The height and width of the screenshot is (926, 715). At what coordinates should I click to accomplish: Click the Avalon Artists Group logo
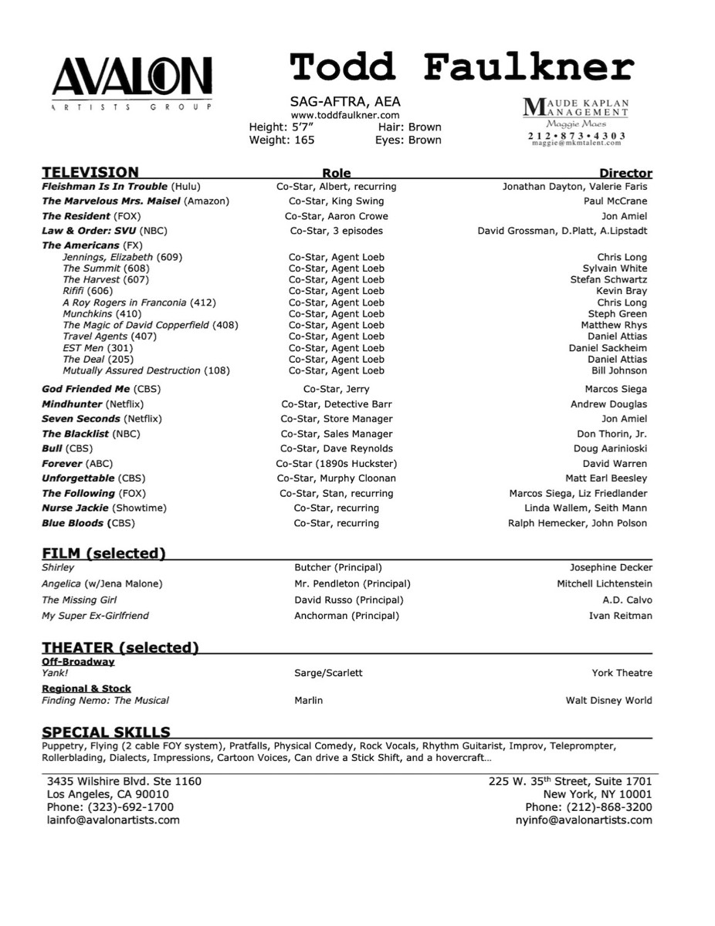tap(131, 82)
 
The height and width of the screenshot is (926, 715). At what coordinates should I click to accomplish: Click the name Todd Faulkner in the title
tap(461, 67)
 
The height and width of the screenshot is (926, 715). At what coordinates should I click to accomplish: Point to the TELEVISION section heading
tap(90, 172)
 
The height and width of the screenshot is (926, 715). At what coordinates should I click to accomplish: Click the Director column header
tap(625, 173)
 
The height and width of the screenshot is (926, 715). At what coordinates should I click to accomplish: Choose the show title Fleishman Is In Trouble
tap(104, 186)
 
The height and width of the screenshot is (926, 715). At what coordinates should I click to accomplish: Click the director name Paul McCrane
tap(615, 201)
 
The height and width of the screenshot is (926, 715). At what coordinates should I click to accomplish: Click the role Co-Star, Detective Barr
tap(336, 404)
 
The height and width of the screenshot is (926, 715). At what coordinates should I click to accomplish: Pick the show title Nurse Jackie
tap(75, 508)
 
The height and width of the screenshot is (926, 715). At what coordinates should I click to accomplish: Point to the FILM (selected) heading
tap(103, 553)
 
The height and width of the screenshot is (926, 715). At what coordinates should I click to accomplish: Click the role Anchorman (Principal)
tap(347, 616)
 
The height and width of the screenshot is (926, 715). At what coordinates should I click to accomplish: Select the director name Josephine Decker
tap(611, 568)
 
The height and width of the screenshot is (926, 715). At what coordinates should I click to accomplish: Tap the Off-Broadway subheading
tap(78, 661)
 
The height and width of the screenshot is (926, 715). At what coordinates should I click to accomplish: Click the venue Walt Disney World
tap(608, 701)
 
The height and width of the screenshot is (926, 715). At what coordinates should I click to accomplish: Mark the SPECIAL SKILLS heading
tap(106, 732)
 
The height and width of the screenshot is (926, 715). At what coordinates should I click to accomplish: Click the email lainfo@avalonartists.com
tap(114, 820)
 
